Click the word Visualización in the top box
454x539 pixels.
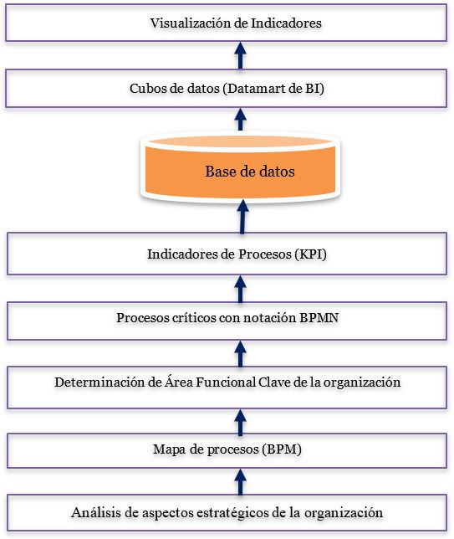(x=190, y=23)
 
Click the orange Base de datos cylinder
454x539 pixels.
(x=241, y=168)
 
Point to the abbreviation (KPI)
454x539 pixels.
(x=310, y=254)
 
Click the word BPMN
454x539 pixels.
(x=319, y=318)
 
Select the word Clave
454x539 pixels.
(x=274, y=382)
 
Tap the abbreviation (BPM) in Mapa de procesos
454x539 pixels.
(x=281, y=449)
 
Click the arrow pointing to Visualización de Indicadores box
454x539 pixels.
(x=241, y=56)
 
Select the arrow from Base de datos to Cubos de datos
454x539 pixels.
(x=241, y=120)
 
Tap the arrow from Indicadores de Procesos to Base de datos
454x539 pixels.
(x=242, y=217)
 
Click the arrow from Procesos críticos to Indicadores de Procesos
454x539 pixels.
(x=241, y=290)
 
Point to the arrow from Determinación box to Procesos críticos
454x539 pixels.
(x=241, y=354)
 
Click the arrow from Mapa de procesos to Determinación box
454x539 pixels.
(x=241, y=423)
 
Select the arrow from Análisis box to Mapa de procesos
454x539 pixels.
(x=241, y=482)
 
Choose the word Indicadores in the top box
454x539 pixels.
(x=287, y=23)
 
